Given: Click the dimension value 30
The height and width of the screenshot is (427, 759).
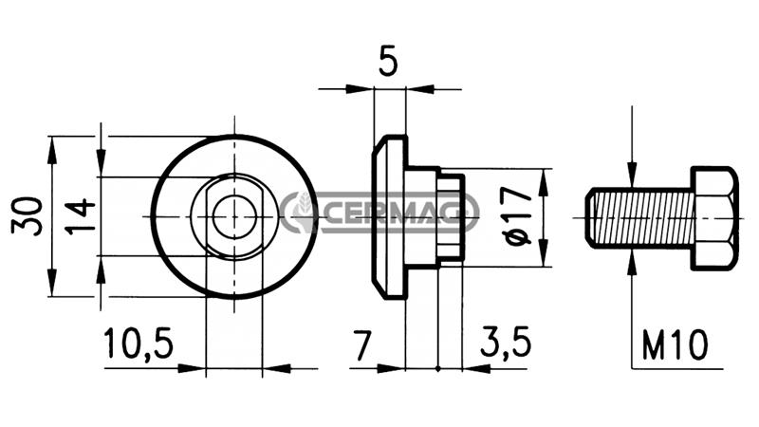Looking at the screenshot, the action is (x=27, y=216).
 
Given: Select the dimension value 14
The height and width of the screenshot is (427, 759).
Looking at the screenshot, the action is (x=81, y=216).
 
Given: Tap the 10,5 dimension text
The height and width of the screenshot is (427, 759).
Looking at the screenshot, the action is (x=139, y=343).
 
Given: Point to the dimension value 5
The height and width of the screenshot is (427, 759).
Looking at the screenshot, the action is (x=388, y=62).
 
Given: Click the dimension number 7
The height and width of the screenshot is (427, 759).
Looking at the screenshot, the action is (x=362, y=345).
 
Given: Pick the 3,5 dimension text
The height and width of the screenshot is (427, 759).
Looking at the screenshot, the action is (x=506, y=343).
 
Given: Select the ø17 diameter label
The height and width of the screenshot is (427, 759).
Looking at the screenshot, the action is (x=517, y=216).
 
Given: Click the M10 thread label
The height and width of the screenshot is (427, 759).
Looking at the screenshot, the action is (x=676, y=344).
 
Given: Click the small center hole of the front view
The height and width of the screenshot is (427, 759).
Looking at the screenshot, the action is (x=234, y=217).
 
